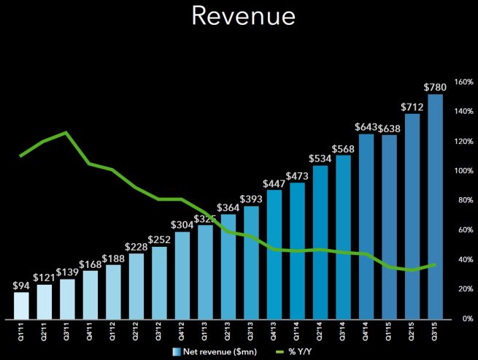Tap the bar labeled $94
[22, 305]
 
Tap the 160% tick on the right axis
[462, 82]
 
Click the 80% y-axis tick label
[462, 200]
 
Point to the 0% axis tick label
[462, 319]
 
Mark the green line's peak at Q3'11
[66, 132]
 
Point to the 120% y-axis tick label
[462, 141]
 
